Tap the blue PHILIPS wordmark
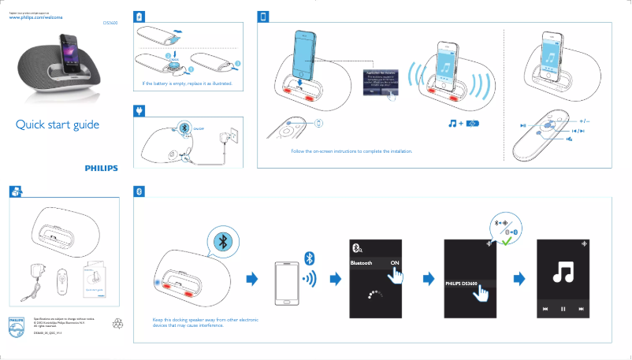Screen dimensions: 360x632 point(101,168)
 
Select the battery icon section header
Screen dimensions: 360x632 point(139,17)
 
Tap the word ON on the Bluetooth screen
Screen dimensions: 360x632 point(395,263)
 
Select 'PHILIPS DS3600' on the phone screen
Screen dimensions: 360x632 point(463,283)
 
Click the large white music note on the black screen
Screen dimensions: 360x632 point(563,272)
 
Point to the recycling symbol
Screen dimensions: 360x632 point(98,322)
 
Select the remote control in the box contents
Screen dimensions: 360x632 point(62,280)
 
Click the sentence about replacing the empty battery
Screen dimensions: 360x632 point(188,84)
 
